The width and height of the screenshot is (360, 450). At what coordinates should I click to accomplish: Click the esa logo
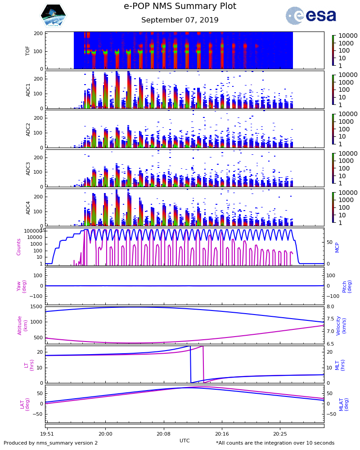coord(310,16)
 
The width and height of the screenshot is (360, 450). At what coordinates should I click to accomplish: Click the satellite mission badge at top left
coord(53,16)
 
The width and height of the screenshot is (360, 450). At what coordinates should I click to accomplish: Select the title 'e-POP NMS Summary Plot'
coord(180,6)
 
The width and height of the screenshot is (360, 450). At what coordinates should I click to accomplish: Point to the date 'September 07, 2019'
coord(180,20)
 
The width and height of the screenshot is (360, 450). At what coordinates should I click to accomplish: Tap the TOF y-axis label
coord(28,50)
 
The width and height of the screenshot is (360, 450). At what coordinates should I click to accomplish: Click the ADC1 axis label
coord(28,90)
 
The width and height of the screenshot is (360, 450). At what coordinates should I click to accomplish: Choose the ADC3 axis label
coord(28,168)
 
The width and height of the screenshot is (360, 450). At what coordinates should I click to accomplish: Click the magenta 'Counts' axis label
coord(19,247)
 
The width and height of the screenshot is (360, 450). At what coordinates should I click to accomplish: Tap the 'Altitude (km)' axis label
coord(22,325)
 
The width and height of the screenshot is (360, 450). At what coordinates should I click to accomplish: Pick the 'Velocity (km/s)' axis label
coord(342,325)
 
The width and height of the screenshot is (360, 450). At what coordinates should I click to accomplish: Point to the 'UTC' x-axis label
coord(184,441)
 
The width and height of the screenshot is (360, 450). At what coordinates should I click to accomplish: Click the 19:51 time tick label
coord(47,434)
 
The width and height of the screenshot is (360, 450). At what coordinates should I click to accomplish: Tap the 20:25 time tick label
coord(279,434)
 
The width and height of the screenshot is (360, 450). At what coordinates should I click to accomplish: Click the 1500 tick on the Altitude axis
coord(36,307)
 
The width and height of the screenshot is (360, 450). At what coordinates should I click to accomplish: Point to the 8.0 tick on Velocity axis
coord(330,307)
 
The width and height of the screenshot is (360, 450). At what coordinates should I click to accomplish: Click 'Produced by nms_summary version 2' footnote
coord(50,443)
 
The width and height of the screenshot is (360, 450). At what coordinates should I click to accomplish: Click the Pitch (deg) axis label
coord(347,286)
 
